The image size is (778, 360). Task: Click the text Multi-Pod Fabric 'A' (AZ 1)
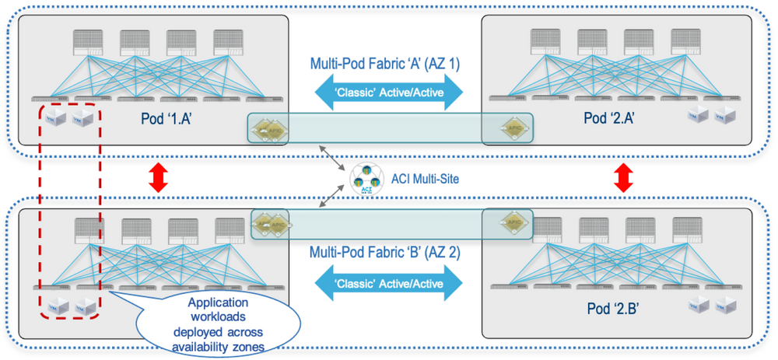click(x=385, y=65)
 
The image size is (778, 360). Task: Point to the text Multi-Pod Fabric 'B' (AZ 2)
click(x=385, y=253)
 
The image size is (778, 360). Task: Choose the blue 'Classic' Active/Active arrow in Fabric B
click(x=388, y=283)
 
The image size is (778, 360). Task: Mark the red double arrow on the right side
click(x=621, y=177)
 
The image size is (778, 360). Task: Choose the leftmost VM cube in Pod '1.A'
click(x=54, y=119)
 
